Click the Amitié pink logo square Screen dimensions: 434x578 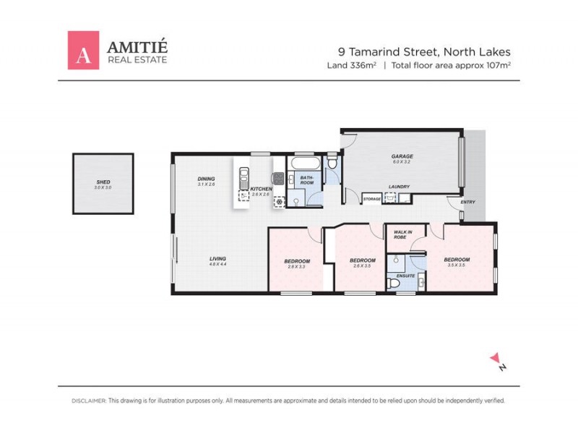(83, 50)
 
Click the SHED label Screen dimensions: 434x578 (103, 182)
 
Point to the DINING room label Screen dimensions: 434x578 (207, 179)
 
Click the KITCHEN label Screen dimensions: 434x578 (260, 189)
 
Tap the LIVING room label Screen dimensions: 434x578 (218, 259)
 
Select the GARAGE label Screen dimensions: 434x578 (402, 156)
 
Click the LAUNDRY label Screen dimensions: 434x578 (399, 187)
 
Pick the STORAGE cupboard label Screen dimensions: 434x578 (372, 198)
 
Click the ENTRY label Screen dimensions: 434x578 (467, 202)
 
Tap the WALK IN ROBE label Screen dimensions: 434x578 (403, 234)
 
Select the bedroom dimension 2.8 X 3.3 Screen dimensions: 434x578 (297, 267)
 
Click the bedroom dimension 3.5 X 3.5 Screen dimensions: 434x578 (457, 265)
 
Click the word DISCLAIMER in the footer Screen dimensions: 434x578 (89, 400)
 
